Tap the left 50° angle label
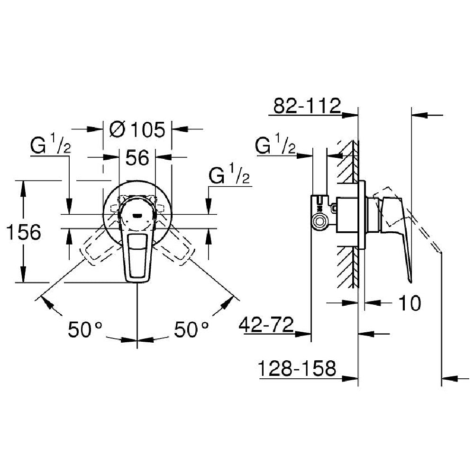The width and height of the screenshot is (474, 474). click(85, 329)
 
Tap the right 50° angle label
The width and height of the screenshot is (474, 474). click(191, 329)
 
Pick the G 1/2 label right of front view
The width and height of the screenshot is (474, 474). click(229, 176)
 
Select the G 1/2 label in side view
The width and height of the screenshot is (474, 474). click(275, 146)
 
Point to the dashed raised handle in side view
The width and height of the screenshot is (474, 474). click(417, 223)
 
